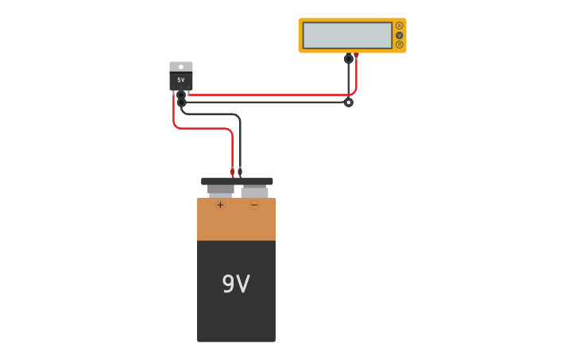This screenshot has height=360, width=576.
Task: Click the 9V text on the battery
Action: pos(236,284)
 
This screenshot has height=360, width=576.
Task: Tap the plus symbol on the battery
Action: pos(220,205)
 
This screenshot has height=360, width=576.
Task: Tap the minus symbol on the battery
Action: pos(254,205)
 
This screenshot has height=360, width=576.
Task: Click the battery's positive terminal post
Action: pos(220,191)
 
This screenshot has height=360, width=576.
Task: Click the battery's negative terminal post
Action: pos(254,192)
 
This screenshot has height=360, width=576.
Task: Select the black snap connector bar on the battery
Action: pos(237,181)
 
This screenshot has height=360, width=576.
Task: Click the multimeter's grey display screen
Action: pos(347,35)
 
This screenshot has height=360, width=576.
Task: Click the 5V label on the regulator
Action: pos(181,80)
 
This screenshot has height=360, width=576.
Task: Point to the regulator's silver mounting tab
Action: pos(181,67)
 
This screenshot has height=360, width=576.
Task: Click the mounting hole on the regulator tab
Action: pos(181,67)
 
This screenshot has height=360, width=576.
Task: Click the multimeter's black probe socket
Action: pos(348,58)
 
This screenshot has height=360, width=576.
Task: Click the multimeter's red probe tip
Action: pos(357,56)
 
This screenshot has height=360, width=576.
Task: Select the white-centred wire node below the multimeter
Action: pos(348,102)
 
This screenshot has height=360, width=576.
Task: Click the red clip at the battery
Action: pos(232,171)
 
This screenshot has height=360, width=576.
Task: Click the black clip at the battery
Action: pos(240,171)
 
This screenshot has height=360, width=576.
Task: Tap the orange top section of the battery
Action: pos(236,223)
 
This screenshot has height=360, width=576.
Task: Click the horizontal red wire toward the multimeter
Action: pos(270,95)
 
